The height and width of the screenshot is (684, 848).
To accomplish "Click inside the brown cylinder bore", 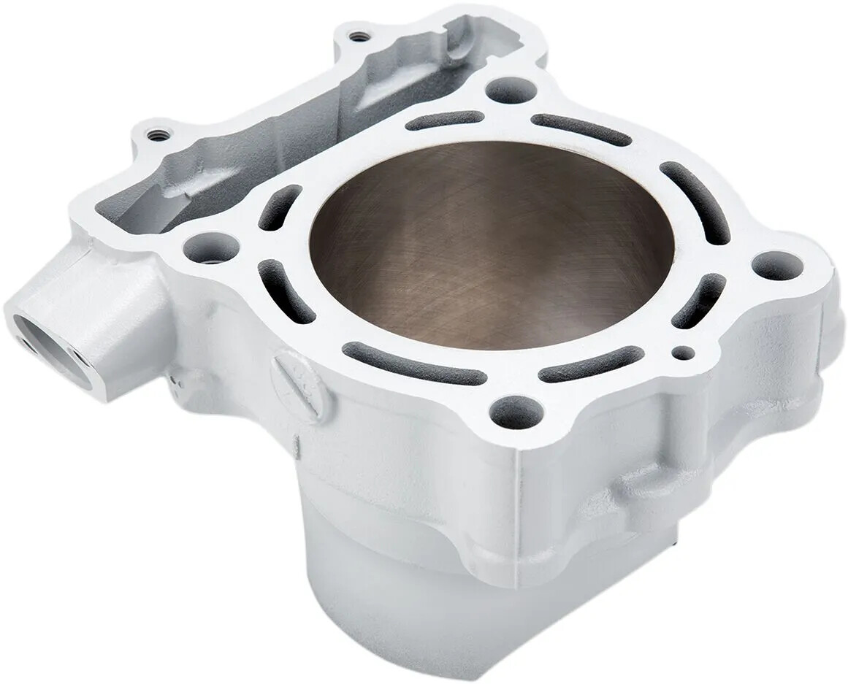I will coord(489,248).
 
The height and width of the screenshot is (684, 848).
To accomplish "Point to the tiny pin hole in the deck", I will coord(682,353).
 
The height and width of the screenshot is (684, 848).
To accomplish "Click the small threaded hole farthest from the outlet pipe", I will coord(356,35).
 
